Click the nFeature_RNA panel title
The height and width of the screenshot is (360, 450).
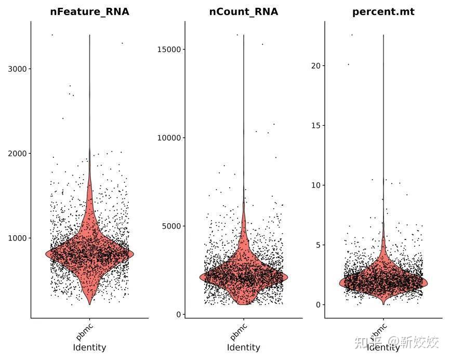89,11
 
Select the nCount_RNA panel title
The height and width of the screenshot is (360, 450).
244,11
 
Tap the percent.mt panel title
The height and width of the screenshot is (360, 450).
383,11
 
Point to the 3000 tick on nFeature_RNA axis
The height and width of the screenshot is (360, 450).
18,69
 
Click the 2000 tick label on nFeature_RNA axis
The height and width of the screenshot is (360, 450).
18,153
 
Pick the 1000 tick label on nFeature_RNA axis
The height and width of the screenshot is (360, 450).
18,238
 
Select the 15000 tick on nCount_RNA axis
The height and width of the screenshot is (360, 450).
169,49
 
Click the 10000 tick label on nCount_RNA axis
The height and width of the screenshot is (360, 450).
169,138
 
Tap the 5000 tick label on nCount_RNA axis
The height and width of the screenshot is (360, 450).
171,226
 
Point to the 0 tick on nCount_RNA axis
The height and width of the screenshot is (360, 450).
179,314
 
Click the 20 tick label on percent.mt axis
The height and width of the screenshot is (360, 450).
315,65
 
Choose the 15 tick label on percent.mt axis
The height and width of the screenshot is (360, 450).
315,125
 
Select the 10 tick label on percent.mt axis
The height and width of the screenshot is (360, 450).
315,185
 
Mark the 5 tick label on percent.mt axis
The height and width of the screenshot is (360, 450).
318,245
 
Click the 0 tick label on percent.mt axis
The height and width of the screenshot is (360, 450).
318,305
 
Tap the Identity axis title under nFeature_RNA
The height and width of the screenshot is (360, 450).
89,348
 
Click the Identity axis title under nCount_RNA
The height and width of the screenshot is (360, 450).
244,348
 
